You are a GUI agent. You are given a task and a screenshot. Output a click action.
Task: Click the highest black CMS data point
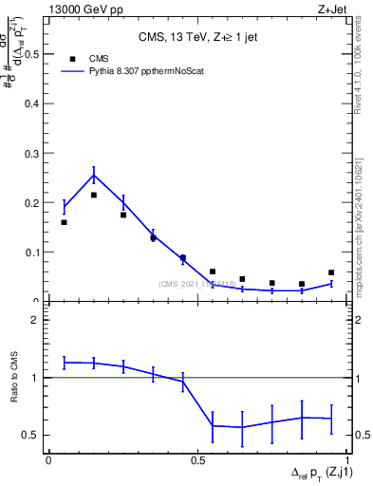[x=93, y=195]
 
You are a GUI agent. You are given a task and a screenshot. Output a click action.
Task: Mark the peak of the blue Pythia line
[x=93, y=175]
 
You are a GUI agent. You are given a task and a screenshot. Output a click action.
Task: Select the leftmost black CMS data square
[x=64, y=222]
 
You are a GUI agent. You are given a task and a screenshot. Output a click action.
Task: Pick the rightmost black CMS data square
[x=331, y=272]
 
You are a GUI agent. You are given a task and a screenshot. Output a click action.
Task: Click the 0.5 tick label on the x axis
[x=196, y=460]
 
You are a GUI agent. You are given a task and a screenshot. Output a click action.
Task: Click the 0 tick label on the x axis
[x=48, y=460]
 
